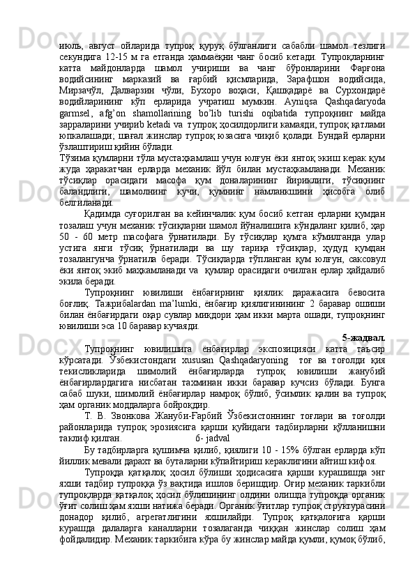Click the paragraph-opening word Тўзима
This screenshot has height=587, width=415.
[x=73, y=156]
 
